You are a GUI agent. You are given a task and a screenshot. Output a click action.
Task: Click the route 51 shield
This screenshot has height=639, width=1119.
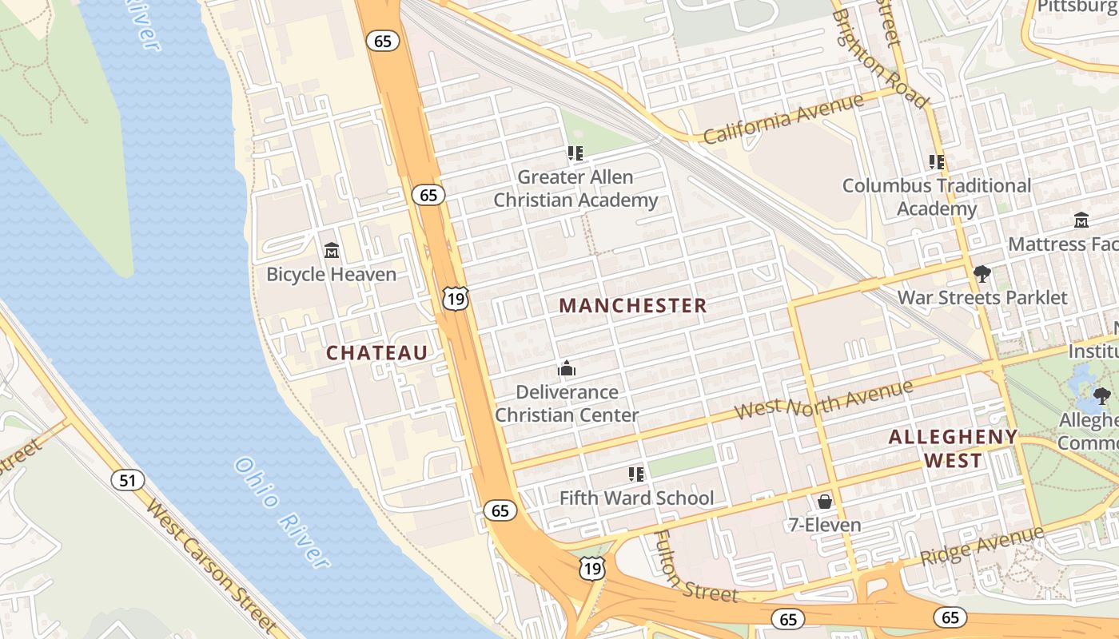click(128, 480)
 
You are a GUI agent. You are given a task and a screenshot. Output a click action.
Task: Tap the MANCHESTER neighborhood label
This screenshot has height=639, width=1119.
click(633, 305)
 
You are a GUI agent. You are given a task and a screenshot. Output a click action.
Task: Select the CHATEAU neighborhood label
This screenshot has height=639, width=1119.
click(376, 353)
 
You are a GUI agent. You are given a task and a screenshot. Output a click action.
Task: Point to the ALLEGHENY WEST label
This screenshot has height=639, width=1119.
click(953, 449)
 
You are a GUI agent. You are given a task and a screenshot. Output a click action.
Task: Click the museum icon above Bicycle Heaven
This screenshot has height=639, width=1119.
click(332, 251)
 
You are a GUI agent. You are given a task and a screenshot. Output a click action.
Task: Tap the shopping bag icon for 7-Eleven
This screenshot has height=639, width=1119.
click(824, 502)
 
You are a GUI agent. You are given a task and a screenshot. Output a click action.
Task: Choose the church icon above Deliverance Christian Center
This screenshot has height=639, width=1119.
click(567, 368)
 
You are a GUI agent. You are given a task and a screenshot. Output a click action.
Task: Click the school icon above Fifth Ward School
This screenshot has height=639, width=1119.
click(636, 474)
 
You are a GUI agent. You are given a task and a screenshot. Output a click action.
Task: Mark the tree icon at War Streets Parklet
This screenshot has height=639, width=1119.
click(982, 275)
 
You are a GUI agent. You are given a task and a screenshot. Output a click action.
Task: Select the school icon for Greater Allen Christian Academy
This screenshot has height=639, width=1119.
click(575, 153)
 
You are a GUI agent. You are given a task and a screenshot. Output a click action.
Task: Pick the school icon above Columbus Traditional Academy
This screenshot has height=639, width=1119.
click(937, 162)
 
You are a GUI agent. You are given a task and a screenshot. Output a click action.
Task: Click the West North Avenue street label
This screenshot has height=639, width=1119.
click(823, 400)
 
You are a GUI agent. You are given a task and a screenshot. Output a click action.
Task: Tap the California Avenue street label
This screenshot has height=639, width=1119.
click(783, 118)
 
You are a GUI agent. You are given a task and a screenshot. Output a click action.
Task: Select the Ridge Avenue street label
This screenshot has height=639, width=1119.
click(982, 546)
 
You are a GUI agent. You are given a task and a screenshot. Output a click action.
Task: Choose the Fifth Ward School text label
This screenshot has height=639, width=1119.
click(636, 498)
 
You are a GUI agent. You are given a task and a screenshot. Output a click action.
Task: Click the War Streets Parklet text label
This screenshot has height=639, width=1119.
click(982, 298)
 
